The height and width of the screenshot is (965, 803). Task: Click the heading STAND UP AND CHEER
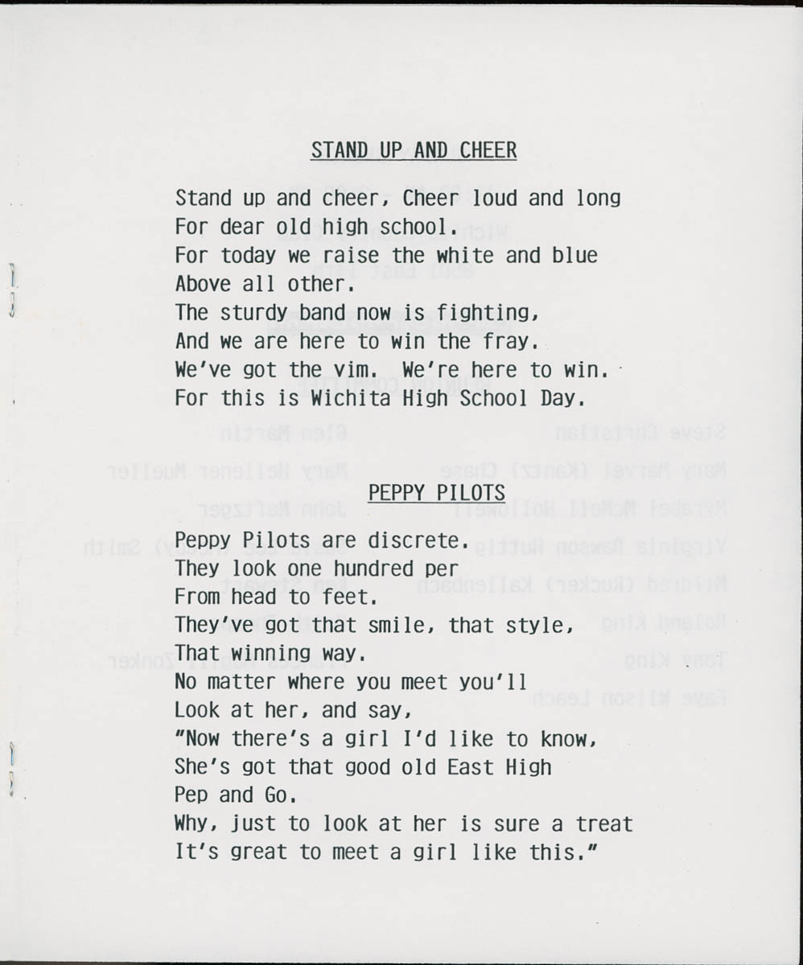click(414, 150)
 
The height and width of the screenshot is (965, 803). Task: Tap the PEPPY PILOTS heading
click(437, 492)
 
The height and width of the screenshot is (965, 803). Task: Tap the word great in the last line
click(260, 852)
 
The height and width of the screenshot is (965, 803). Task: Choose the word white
click(465, 256)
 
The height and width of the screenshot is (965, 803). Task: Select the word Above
click(203, 284)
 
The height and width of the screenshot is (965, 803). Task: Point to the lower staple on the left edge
click(11, 768)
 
